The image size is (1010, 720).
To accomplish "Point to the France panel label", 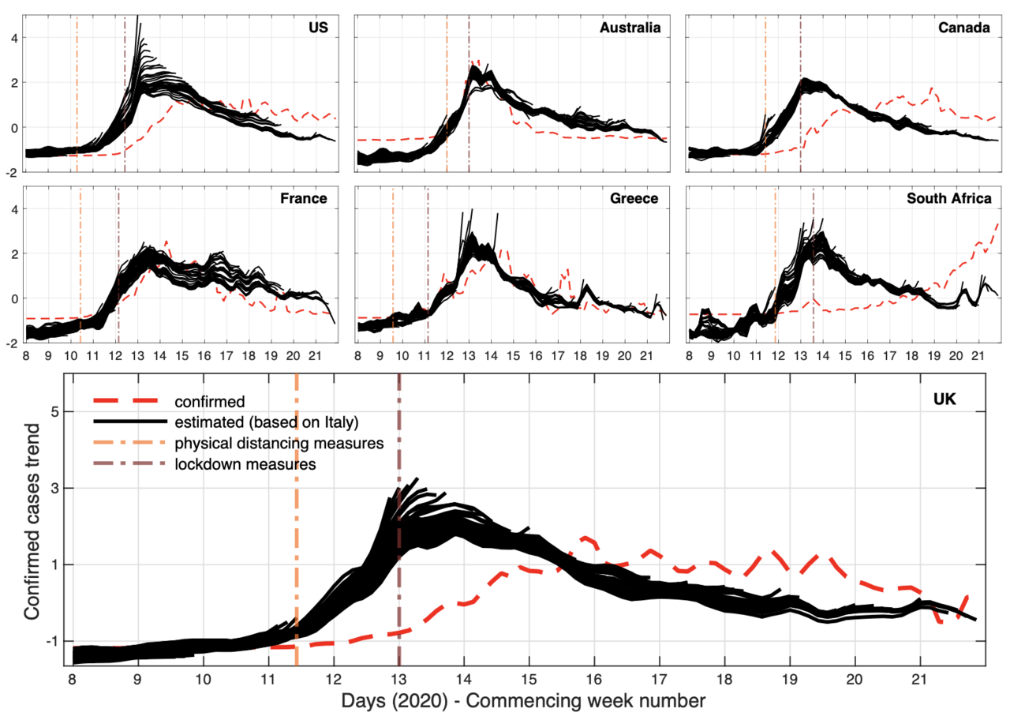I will tap(304, 198).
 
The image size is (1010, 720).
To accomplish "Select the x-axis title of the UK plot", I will tap(523, 700).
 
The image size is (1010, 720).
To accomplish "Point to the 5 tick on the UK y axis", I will tap(58, 411).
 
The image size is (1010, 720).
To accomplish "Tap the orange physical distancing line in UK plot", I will tap(297, 553).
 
